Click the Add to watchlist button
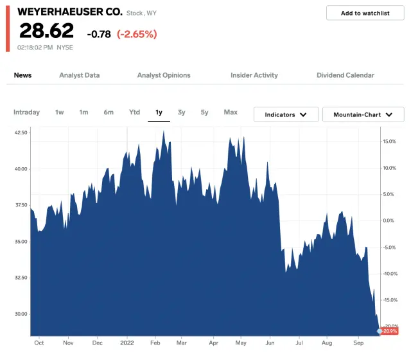[365, 13]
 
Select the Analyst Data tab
[79, 75]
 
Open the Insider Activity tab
[254, 75]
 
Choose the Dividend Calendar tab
[345, 75]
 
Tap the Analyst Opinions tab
[164, 75]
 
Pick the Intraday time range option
[26, 113]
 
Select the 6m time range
[109, 113]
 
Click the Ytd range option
[134, 113]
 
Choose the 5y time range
[204, 113]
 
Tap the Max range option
[231, 113]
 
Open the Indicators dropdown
[285, 114]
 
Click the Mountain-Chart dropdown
[363, 114]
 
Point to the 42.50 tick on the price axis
[21, 132]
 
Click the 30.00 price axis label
[21, 314]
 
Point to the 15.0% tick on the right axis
[390, 141]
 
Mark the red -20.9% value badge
[390, 331]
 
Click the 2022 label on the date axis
[127, 343]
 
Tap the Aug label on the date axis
[326, 343]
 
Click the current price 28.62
[46, 31]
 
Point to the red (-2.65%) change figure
[137, 34]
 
